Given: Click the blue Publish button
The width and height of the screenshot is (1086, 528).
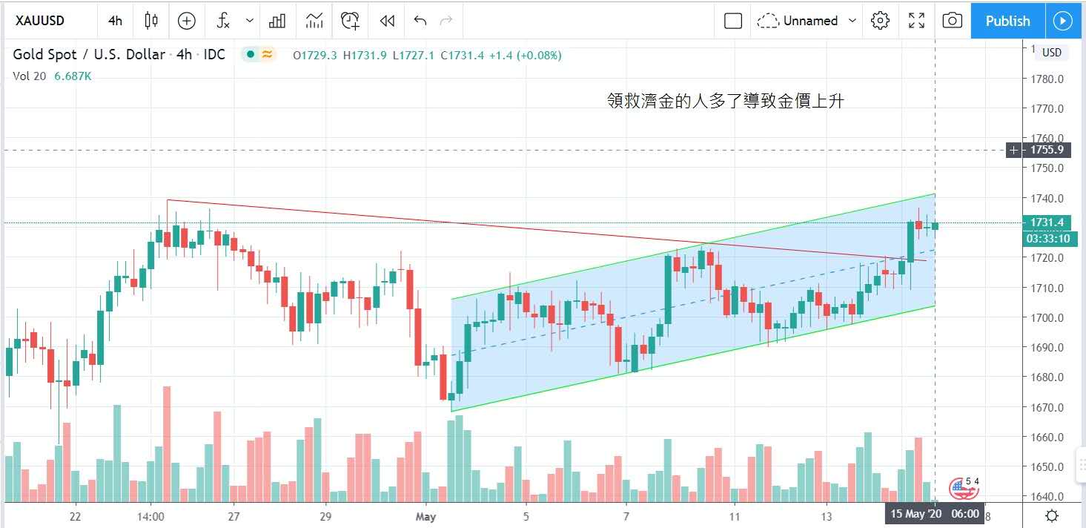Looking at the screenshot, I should tap(1007, 21).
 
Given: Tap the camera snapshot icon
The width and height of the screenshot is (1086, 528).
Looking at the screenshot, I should tap(952, 21).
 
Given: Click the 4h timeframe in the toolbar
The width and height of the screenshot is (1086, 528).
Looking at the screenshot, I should tap(115, 21).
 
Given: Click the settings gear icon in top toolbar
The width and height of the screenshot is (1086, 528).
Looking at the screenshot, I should tap(880, 21).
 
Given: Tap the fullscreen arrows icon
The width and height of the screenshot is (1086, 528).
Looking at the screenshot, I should tap(916, 21).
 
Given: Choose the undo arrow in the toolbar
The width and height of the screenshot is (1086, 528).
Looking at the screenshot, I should tap(420, 21).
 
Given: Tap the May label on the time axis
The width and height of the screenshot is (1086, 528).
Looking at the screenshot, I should tap(426, 515).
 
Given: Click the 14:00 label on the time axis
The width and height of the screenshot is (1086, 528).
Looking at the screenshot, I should tap(150, 515).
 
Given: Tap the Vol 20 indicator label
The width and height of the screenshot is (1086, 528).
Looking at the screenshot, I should tap(30, 76).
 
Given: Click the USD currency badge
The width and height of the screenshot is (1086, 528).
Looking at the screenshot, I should tap(1051, 53).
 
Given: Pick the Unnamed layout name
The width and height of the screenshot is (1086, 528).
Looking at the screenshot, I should tap(810, 21).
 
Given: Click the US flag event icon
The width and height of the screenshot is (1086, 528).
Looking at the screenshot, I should tap(963, 488).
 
